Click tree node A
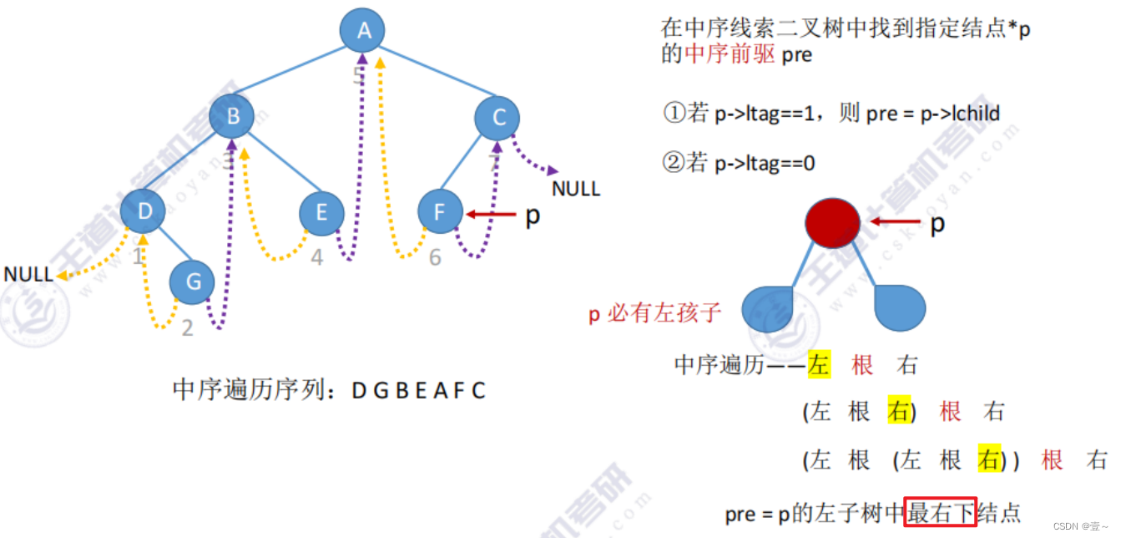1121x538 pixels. tap(362, 32)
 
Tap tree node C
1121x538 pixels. tap(498, 118)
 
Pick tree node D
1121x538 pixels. tap(144, 211)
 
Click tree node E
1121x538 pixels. tap(322, 213)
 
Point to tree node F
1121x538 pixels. tap(440, 212)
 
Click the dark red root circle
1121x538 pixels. tap(832, 223)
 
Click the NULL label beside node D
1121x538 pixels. tap(28, 274)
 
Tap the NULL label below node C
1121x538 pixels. tap(576, 189)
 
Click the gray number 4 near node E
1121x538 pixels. tap(316, 258)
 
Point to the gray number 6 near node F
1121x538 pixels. tap(435, 258)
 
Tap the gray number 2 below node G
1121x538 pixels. tap(187, 328)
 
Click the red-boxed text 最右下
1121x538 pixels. tap(941, 513)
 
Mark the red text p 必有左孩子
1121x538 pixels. tap(654, 314)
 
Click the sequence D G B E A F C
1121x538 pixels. tap(418, 390)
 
